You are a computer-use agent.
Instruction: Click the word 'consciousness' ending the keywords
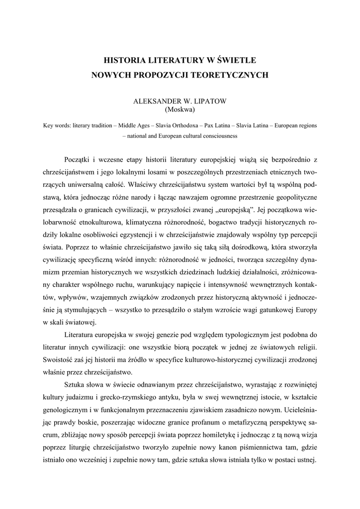click(x=221, y=135)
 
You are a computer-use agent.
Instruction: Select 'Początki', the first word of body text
click(x=78, y=159)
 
